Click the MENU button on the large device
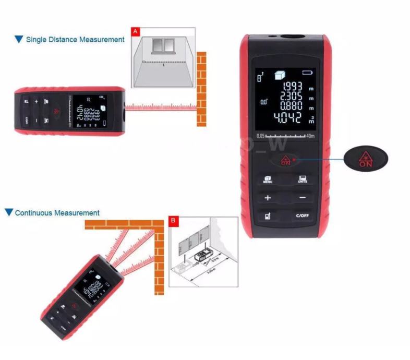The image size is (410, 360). tap(268, 179)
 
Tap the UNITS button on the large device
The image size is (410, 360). tap(303, 179)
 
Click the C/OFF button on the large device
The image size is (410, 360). tap(303, 215)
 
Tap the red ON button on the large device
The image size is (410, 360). tap(285, 160)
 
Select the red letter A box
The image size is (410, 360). tap(136, 32)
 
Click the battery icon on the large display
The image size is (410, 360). tap(310, 73)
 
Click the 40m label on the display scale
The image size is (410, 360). tap(311, 136)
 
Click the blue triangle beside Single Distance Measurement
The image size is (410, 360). tap(19, 39)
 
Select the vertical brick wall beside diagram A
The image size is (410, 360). tap(201, 89)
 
